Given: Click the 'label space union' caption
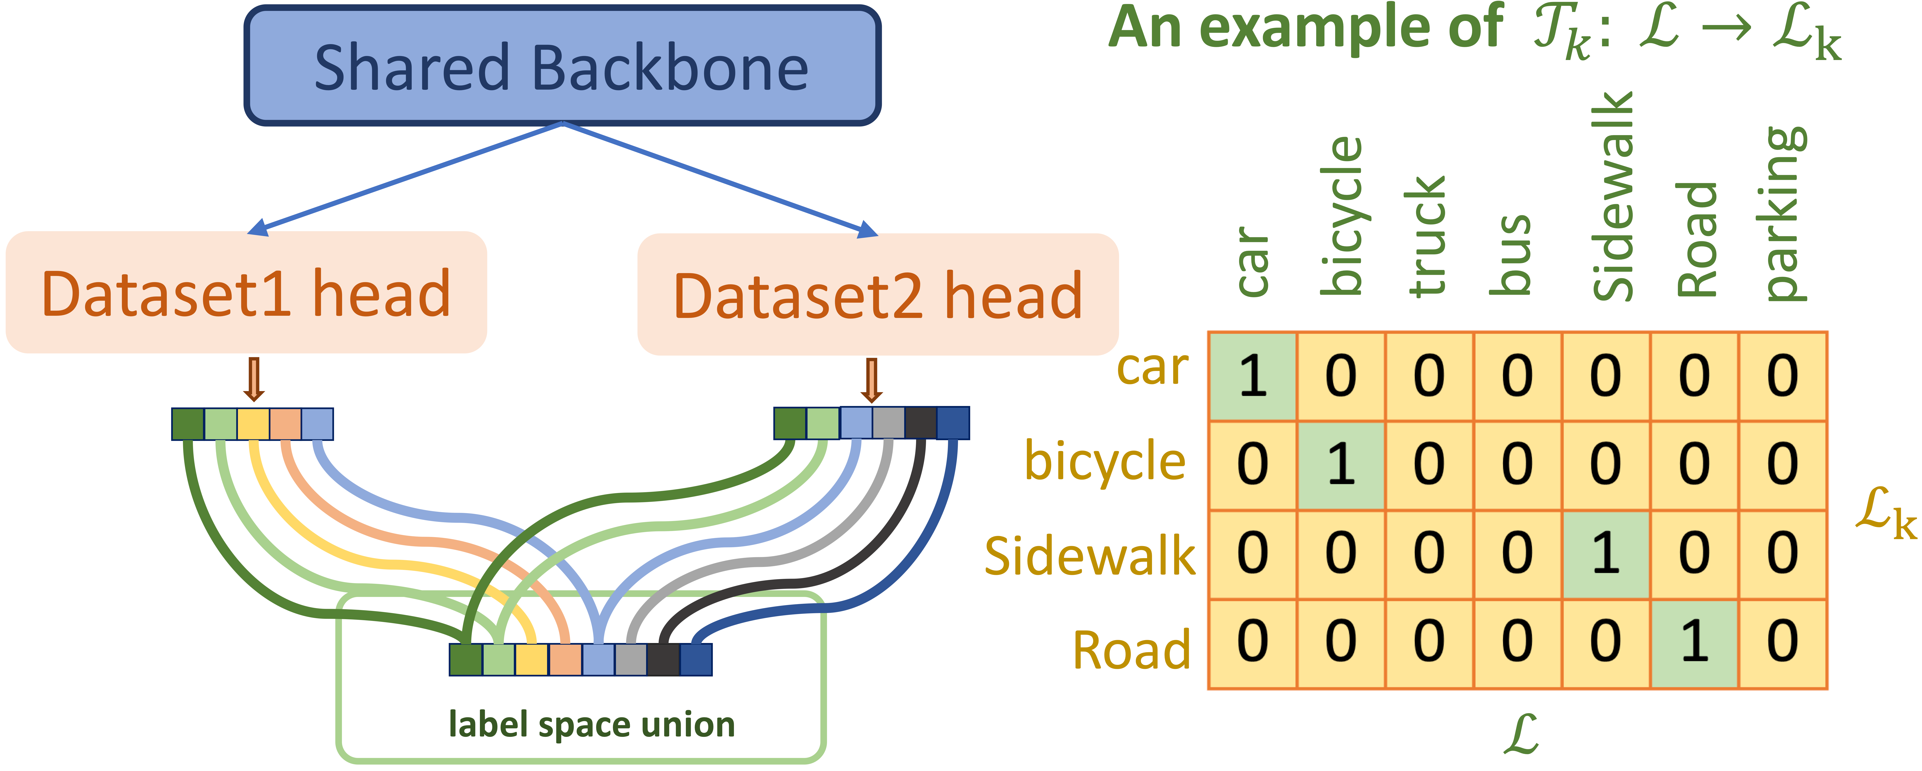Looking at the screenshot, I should pyautogui.click(x=592, y=724).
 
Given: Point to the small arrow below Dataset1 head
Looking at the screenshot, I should pyautogui.click(x=254, y=379).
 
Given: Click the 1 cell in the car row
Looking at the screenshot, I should pyautogui.click(x=1253, y=376).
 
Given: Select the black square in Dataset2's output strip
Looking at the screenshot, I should pyautogui.click(x=920, y=423).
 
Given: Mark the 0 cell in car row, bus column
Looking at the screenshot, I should pyautogui.click(x=1517, y=376).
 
